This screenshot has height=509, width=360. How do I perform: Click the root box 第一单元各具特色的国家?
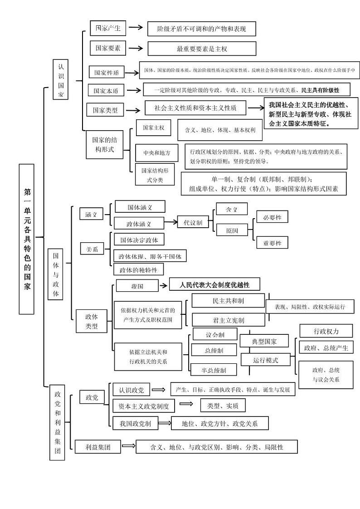pos(26,239)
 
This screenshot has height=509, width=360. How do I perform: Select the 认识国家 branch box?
pos(61,80)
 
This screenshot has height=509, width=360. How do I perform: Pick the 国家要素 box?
pos(108,48)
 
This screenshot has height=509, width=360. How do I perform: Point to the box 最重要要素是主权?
pos(202,49)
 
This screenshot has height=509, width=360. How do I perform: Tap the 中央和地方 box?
pos(154,153)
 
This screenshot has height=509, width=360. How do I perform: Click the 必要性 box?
pos(272,217)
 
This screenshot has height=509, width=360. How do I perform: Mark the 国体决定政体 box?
pos(139,240)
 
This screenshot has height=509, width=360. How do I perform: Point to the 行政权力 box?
pos(326,331)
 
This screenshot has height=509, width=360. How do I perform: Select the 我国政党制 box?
pos(135,424)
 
